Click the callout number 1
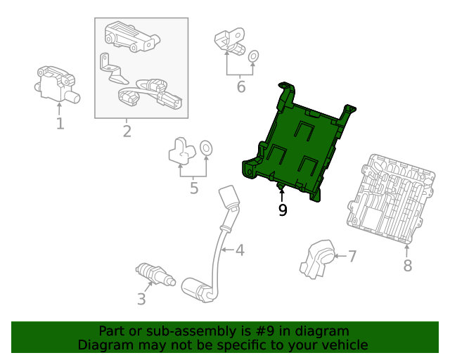click(60, 124)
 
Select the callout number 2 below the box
click(127, 131)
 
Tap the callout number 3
click(141, 299)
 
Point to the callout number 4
click(240, 250)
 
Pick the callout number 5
click(194, 188)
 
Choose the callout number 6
click(241, 86)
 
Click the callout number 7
click(352, 256)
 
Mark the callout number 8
click(408, 265)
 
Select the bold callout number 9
click(283, 210)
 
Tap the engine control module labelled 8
click(391, 199)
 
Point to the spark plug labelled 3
click(155, 274)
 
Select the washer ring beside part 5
click(206, 148)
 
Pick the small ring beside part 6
click(253, 56)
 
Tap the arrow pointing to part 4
click(228, 250)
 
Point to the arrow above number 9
click(282, 194)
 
